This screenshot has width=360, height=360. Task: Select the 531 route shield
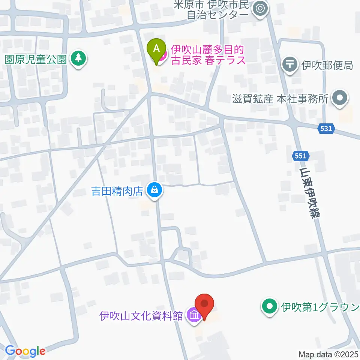point(326,129)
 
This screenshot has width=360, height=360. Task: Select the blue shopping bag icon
point(154,190)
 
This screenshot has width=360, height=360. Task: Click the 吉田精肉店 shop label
point(117,191)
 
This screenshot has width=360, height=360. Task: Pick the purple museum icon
point(194,315)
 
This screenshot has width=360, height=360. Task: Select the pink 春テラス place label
point(208,55)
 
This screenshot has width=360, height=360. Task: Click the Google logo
point(25,351)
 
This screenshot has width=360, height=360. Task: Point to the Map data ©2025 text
point(328,354)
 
